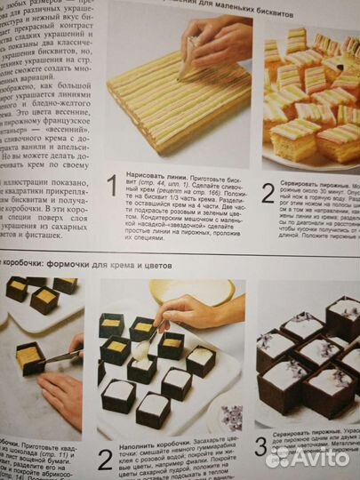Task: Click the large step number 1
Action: tap(111, 186)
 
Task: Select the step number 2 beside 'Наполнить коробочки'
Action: tap(106, 459)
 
